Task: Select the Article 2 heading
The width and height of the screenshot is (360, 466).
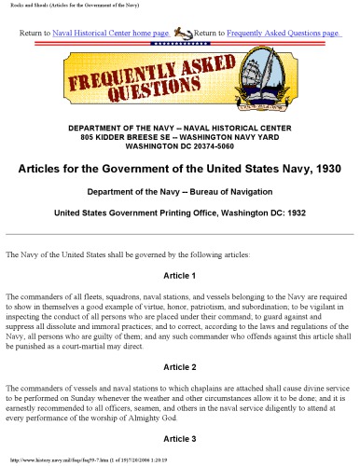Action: pyautogui.click(x=179, y=367)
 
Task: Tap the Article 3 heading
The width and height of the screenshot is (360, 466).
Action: pyautogui.click(x=179, y=437)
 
